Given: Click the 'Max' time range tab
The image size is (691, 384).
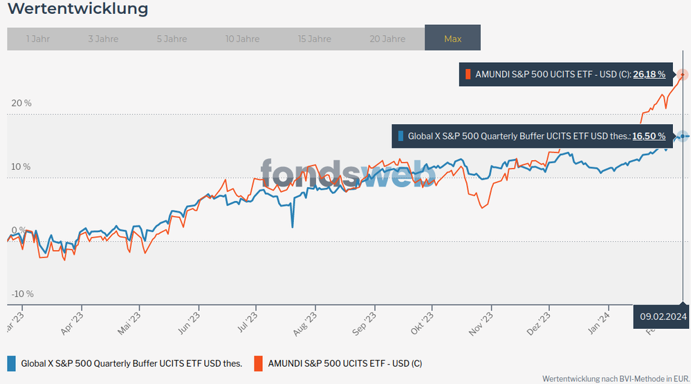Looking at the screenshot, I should click(x=452, y=39).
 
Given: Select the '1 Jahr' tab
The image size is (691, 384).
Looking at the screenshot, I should click(x=38, y=39).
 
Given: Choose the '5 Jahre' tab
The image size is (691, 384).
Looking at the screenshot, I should click(x=169, y=39).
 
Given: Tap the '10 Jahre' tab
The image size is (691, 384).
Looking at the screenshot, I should click(x=242, y=39).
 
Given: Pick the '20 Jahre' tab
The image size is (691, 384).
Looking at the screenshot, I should click(x=387, y=39).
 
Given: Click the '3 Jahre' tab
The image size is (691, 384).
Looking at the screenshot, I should click(x=103, y=39).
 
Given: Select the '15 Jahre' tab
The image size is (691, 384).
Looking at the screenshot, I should click(x=315, y=39).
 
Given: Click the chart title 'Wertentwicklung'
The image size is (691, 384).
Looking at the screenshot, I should click(x=77, y=10).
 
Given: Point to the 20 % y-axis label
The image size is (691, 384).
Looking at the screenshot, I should click(x=21, y=103).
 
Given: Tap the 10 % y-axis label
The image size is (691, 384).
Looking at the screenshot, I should click(x=21, y=166).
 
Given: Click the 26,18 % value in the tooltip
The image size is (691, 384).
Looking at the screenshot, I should click(x=649, y=75).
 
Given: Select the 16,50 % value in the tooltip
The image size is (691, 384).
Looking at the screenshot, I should click(x=649, y=136).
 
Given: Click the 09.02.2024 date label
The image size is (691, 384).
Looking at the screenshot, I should click(x=663, y=316).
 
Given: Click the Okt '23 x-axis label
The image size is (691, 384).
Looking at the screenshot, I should click(x=423, y=323).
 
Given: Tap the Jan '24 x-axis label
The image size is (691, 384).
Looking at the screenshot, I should click(x=600, y=323).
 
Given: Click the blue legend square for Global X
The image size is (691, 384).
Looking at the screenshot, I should click(x=11, y=363).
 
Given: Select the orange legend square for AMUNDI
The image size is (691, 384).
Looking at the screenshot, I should click(x=259, y=363).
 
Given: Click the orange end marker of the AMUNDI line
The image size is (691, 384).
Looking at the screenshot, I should click(x=683, y=74).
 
